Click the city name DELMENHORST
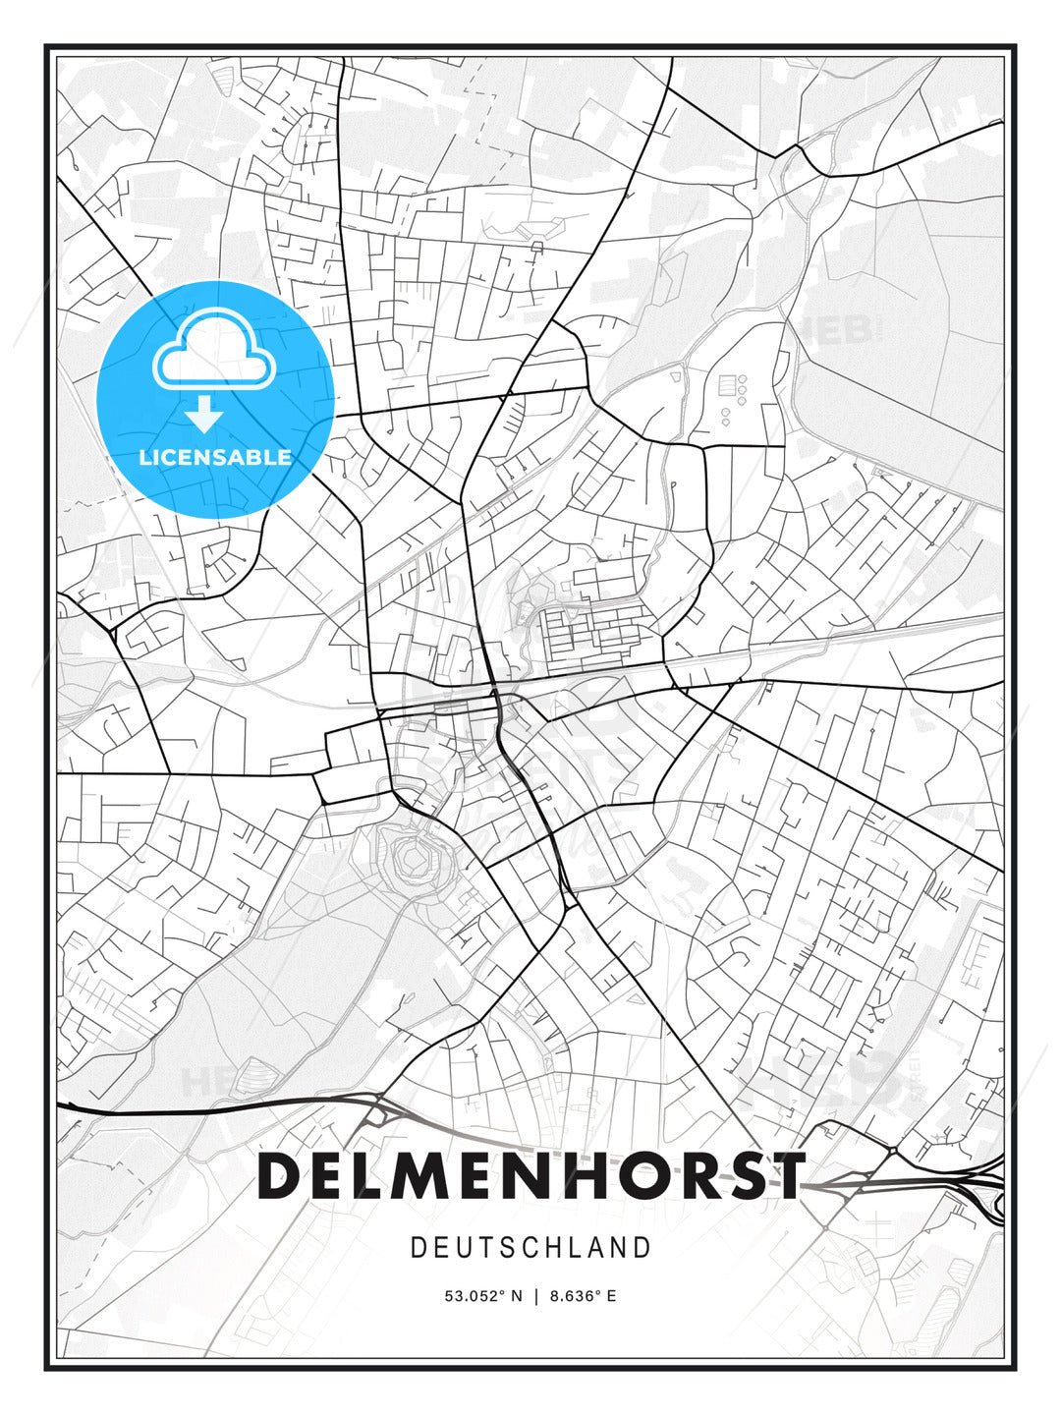[x=530, y=1175]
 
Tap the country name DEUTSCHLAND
[x=530, y=1248]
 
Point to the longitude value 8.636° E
[x=583, y=1296]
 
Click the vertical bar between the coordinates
[x=535, y=1296]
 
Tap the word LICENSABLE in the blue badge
[x=215, y=457]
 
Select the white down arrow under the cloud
[x=204, y=415]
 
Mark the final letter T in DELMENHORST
[x=786, y=1175]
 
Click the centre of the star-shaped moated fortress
[x=415, y=862]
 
